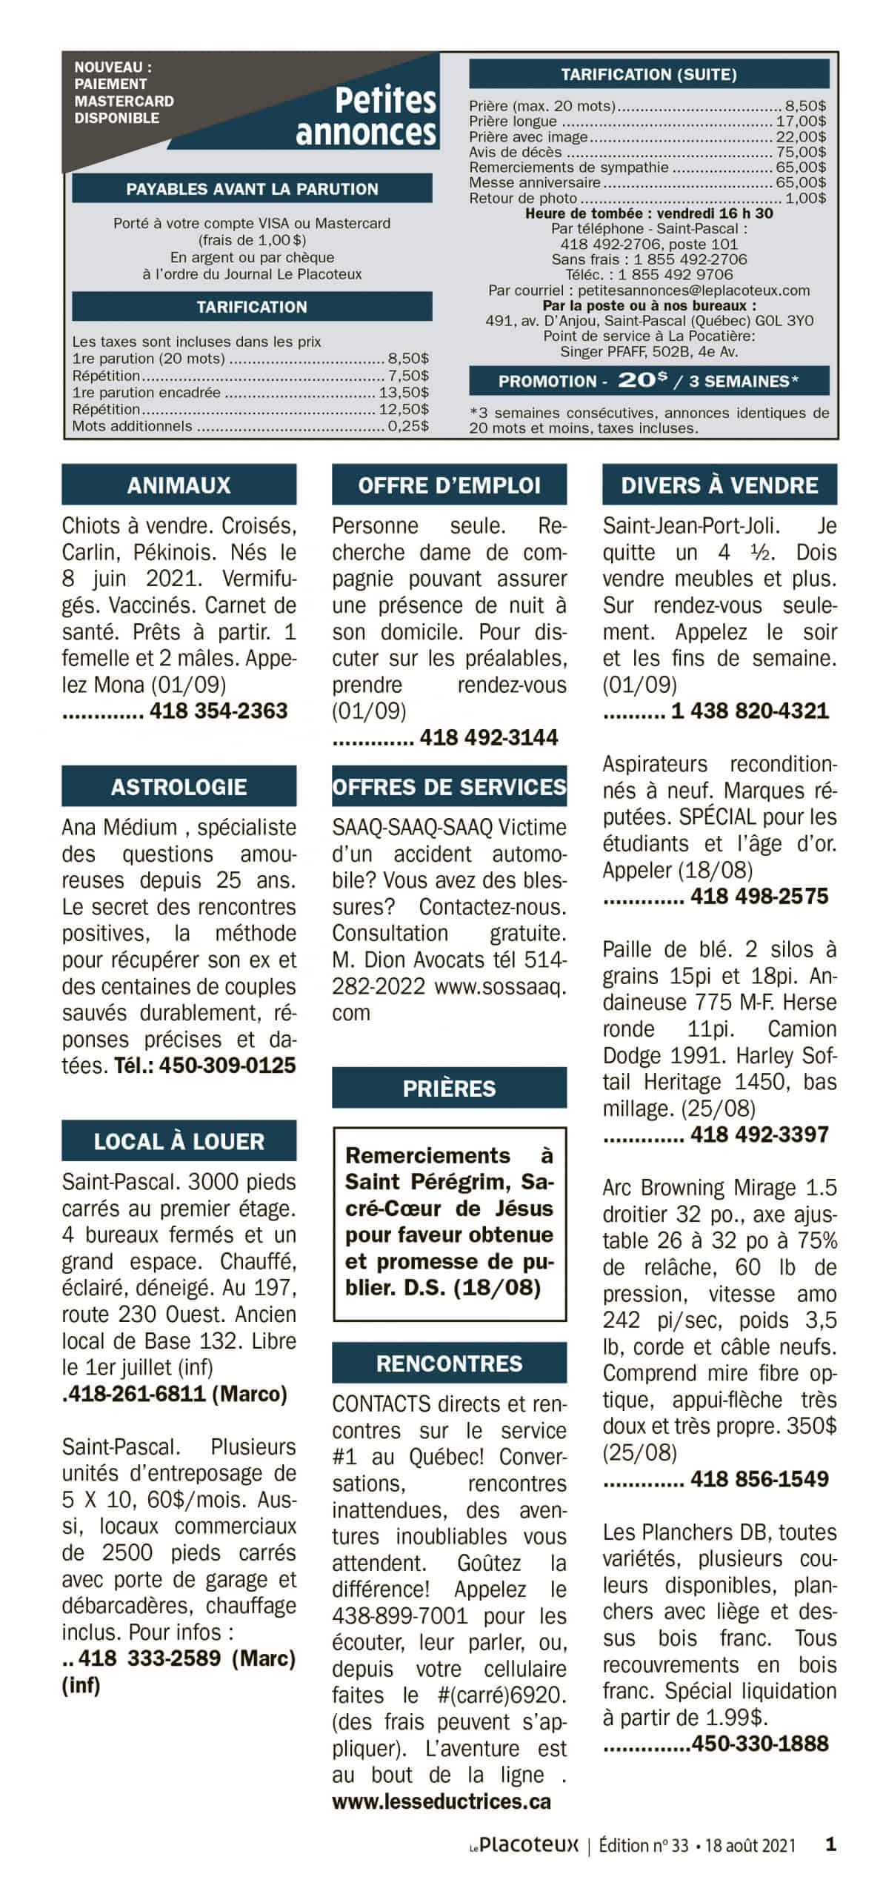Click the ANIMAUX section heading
point(179,485)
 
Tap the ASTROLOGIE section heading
point(179,786)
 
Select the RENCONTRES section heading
point(449,1363)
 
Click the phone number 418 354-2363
point(219,711)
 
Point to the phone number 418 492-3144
point(489,737)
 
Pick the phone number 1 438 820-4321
point(750,711)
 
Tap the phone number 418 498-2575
point(759,896)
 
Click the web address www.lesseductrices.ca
point(441,1801)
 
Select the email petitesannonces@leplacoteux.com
point(693,290)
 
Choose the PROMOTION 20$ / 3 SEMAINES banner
point(648,381)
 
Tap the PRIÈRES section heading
point(449,1088)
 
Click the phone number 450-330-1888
point(759,1744)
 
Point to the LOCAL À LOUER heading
point(179,1141)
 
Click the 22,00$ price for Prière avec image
point(801,136)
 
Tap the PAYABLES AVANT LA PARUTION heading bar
point(252,189)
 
